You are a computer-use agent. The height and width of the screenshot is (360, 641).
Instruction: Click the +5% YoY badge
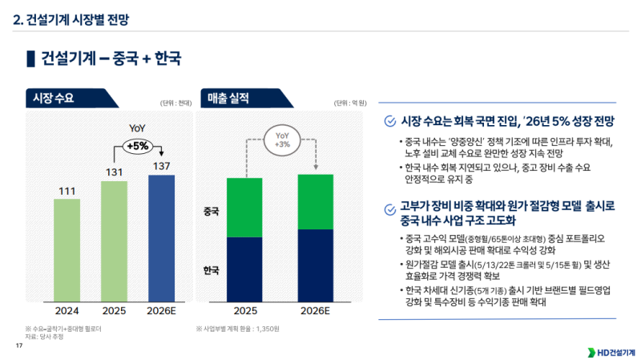tap(138, 146)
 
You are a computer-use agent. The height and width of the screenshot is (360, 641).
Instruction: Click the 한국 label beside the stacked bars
tap(212, 270)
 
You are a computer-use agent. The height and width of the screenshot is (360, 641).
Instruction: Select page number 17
tap(18, 346)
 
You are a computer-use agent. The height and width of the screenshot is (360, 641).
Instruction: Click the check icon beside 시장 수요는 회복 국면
tap(389, 120)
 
